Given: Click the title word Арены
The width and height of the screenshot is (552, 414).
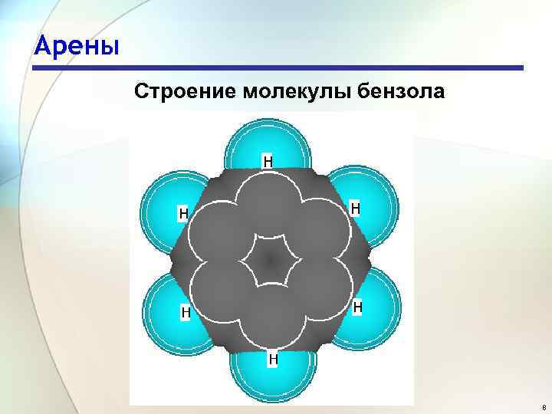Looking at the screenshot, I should coord(77,48).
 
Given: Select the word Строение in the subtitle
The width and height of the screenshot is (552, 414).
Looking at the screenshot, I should coord(185,92).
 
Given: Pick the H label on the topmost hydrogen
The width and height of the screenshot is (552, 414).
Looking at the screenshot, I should coord(268,161).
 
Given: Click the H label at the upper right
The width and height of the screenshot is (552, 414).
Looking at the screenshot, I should coord(356,208).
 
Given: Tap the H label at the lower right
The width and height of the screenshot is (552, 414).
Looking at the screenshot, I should coord(357,307).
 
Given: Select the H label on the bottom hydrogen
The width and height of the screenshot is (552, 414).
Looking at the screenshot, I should coord(272,358).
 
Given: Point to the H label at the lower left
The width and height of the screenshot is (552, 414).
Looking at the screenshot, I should coord(186,312).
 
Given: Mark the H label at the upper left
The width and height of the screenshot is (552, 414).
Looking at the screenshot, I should coord(184,212).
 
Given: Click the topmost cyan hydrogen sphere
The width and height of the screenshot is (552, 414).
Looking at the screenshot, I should coord(268,143).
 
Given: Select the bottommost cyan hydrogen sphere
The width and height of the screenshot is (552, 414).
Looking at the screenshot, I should coord(272,379).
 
